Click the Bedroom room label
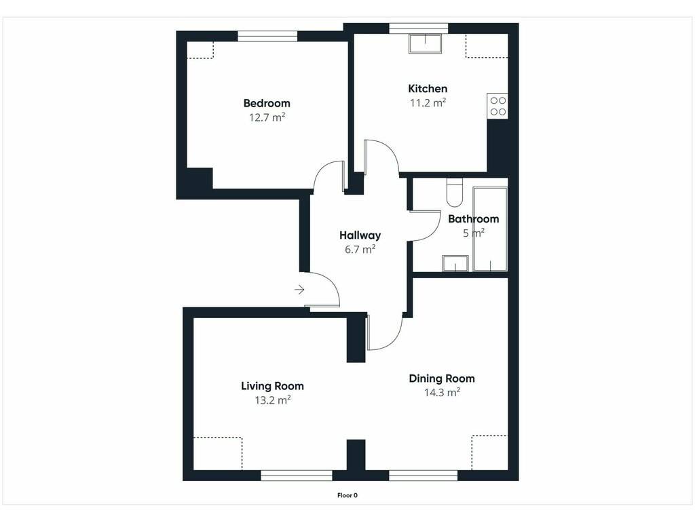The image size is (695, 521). [267, 104]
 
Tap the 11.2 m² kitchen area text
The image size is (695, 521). [428, 103]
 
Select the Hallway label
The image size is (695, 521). [360, 235]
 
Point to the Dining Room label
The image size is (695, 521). [441, 379]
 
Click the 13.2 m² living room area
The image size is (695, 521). [273, 400]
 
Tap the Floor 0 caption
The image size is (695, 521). [347, 495]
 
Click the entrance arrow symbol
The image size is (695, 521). [299, 290]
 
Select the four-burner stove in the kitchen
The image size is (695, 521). [497, 106]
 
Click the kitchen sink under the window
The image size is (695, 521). [425, 43]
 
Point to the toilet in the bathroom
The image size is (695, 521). [454, 193]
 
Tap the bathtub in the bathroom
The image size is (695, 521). [490, 229]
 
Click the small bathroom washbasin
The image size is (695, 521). [455, 263]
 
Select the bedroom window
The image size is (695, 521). [267, 37]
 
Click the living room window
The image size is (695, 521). [297, 476]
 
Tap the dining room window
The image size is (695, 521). [424, 476]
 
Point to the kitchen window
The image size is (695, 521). [418, 28]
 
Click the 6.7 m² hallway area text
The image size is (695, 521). [360, 250]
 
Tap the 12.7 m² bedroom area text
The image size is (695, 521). [267, 118]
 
